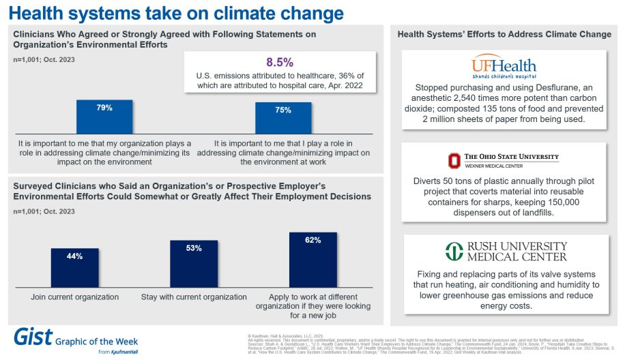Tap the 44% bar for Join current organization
coord(74,267)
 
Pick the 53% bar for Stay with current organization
coord(194,262)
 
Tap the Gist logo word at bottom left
coord(32,338)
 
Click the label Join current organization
coord(74,297)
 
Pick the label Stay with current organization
coord(194,297)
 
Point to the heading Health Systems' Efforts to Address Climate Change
coord(504,34)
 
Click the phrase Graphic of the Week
coord(98,340)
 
